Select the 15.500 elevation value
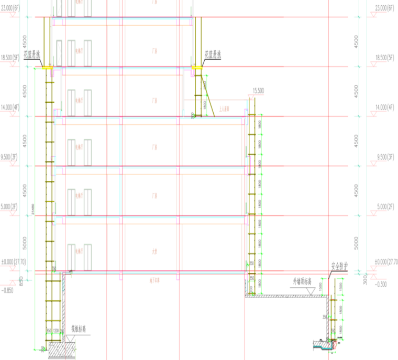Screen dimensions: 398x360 258,91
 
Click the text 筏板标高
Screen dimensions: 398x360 79,330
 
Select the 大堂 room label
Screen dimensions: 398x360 155,251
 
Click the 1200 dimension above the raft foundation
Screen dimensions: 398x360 56,331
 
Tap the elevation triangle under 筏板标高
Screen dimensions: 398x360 73,339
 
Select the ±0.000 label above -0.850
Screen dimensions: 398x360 12,261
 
